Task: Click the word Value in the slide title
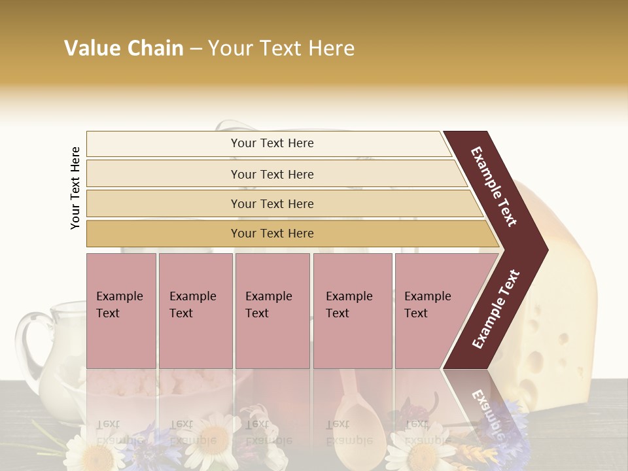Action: click(90, 48)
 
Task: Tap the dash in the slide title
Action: click(196, 49)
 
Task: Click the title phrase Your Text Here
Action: click(281, 48)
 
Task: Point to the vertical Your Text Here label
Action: click(75, 188)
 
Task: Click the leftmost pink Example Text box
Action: click(121, 311)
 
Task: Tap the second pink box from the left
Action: click(196, 311)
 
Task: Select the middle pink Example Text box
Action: click(272, 311)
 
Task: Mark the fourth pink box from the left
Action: click(353, 311)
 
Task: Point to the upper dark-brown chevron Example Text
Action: click(495, 186)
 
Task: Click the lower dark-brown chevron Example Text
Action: click(496, 309)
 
